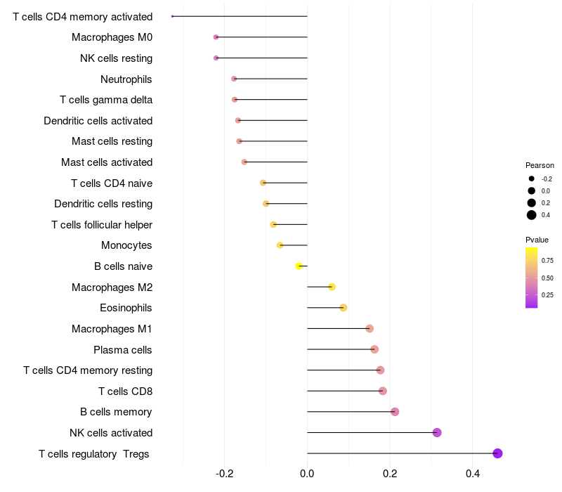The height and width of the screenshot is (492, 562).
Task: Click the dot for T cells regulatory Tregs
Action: [497, 453]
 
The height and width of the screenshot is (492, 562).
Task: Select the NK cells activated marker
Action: [437, 432]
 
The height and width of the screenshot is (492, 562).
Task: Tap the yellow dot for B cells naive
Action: [299, 266]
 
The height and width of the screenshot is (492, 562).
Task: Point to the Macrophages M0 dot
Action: [216, 37]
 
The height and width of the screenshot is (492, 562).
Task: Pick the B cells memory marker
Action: [395, 412]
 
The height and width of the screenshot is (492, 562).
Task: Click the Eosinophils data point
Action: [344, 308]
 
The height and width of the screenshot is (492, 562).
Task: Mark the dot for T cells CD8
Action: [383, 391]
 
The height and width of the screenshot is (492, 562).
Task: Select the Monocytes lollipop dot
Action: [280, 245]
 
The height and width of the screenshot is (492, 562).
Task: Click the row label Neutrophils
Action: [126, 79]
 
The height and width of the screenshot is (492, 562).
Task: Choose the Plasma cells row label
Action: [123, 349]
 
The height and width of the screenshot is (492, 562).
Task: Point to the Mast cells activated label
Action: [107, 162]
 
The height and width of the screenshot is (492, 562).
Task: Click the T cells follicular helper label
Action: [102, 225]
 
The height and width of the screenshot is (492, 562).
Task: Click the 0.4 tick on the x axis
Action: [473, 474]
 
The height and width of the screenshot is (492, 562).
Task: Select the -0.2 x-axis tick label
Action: [225, 474]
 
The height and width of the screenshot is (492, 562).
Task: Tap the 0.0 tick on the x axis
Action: [308, 474]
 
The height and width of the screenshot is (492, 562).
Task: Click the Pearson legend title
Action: [540, 165]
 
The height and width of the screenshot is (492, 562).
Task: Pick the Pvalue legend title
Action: [537, 240]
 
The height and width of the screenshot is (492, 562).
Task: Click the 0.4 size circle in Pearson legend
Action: [532, 215]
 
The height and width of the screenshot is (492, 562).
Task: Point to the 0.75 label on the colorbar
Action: [547, 261]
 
